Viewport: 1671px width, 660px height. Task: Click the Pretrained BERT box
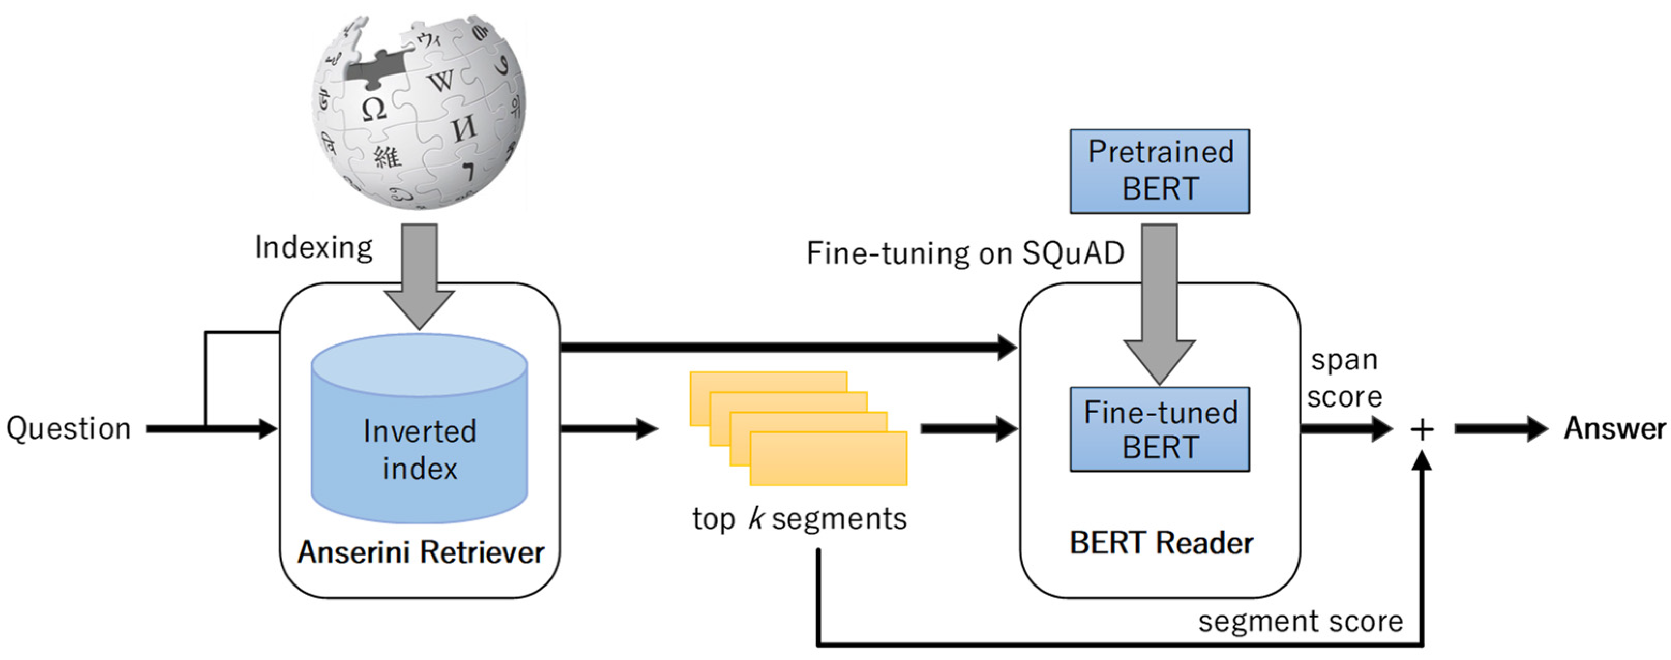click(1159, 171)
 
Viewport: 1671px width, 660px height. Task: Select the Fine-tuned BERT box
click(1159, 429)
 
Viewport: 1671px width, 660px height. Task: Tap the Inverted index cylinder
click(419, 447)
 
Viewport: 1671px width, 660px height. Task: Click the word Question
click(69, 429)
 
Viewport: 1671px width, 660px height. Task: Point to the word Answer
click(1614, 429)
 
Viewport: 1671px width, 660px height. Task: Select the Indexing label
click(314, 248)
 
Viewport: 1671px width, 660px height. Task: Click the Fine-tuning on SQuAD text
click(965, 253)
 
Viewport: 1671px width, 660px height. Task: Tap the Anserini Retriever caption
click(421, 553)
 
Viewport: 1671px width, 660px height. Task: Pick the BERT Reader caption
click(1160, 543)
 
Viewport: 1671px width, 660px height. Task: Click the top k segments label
click(799, 519)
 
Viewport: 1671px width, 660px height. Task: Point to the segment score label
click(1300, 621)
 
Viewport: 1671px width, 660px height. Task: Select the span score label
click(1344, 379)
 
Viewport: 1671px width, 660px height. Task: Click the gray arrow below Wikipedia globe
click(419, 276)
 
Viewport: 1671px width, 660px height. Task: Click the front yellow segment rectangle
click(828, 459)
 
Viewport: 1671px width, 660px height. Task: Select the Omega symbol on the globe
click(374, 109)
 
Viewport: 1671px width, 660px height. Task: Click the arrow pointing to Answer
click(1500, 429)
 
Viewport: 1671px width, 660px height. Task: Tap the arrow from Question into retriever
click(214, 429)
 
